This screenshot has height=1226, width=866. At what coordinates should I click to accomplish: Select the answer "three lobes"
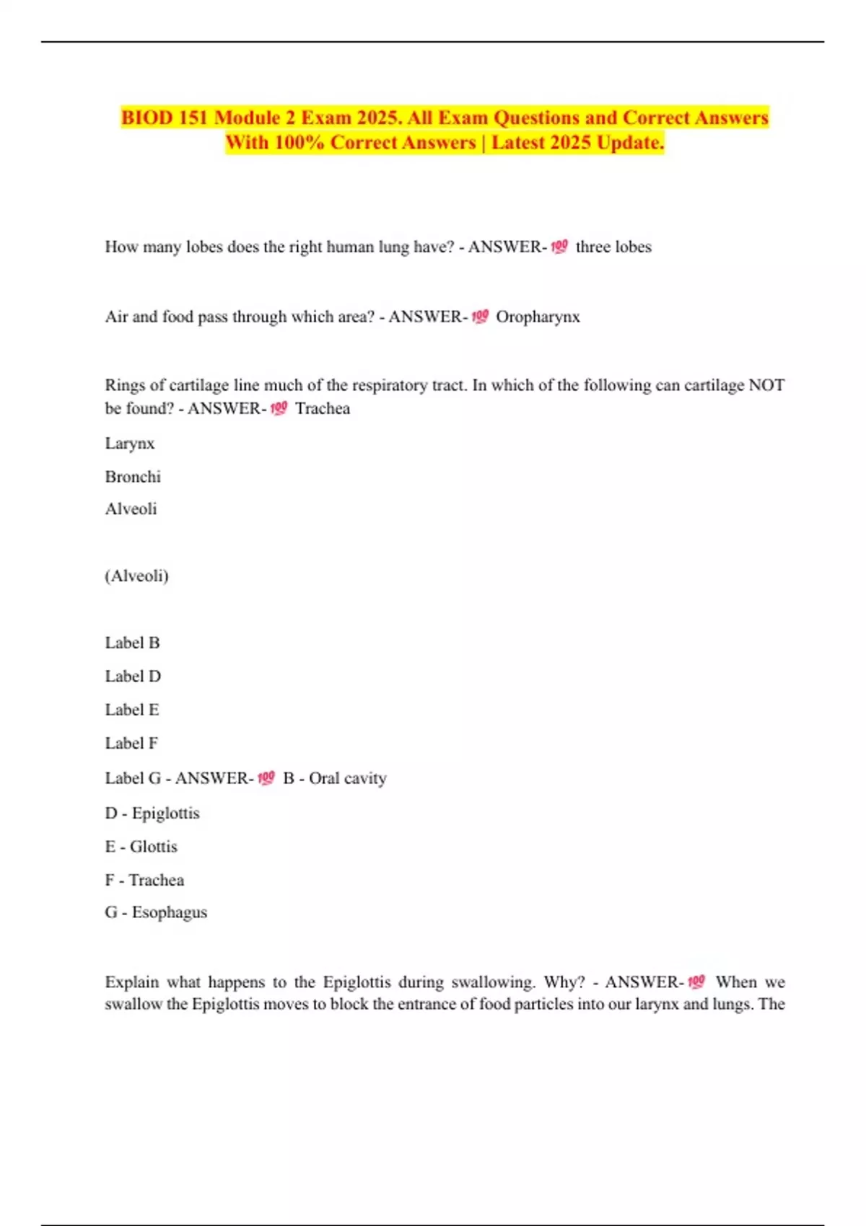coord(613,247)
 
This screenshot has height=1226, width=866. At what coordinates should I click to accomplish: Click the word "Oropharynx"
coord(538,317)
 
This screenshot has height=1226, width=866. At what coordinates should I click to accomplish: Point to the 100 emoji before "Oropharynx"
coord(480,317)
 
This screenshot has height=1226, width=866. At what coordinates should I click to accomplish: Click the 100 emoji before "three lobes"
coord(559,247)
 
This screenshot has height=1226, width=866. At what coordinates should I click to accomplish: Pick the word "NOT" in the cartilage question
coord(766,385)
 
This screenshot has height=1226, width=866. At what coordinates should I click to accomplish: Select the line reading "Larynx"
coord(130,443)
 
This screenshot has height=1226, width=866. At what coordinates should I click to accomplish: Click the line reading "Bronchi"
coord(133,477)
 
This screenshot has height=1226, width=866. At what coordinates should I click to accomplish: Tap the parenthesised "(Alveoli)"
coord(136,575)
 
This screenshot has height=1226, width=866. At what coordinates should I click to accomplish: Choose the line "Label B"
coord(132,643)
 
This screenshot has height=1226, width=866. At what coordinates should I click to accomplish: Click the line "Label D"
coord(133,676)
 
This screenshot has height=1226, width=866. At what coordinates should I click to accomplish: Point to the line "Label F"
coord(131,743)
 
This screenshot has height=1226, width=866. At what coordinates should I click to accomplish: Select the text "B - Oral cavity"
coord(335,778)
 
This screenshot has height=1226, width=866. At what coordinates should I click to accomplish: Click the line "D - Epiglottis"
coord(152,813)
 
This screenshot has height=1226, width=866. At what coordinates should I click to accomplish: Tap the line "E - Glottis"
coord(141,846)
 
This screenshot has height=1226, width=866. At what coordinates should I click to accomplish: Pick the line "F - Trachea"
coord(144,880)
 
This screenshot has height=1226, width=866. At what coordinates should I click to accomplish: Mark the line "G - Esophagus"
coord(156,912)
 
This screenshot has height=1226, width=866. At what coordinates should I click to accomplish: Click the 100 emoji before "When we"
coord(696,982)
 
